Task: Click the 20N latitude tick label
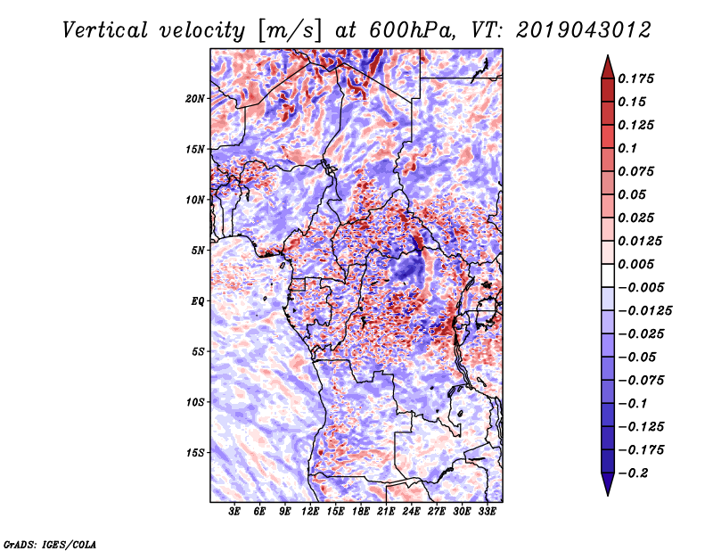[194, 99]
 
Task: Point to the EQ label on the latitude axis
[197, 301]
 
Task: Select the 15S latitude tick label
[194, 453]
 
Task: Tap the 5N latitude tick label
[197, 251]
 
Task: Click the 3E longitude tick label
[234, 511]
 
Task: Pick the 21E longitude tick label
[386, 511]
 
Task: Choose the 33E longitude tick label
[487, 511]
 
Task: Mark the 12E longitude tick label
[309, 511]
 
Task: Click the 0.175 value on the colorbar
[635, 78]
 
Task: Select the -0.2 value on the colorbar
[633, 473]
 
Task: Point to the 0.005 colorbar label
[635, 264]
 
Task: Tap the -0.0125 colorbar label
[644, 311]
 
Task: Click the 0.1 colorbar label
[627, 148]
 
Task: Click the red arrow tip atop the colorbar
[608, 55]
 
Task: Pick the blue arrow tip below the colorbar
[608, 495]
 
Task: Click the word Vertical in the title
[105, 30]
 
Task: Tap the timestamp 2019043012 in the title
[584, 30]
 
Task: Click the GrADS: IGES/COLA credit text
[50, 545]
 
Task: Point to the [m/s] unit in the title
[290, 31]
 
